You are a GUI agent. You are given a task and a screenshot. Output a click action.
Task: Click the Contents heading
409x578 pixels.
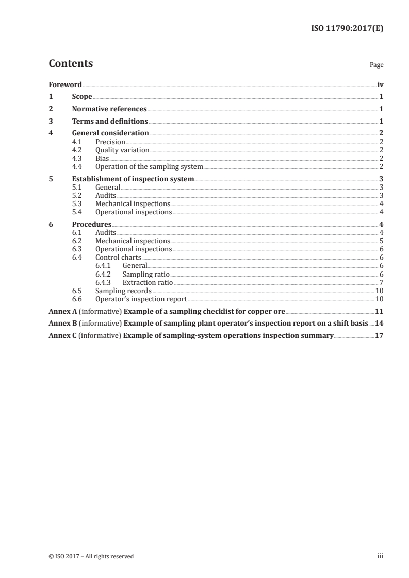tap(71, 64)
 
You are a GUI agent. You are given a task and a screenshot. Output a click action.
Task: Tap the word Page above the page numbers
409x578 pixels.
tap(376, 65)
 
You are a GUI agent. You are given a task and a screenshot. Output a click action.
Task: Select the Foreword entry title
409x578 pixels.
tap(65, 84)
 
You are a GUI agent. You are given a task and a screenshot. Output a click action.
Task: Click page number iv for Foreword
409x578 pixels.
tap(380, 84)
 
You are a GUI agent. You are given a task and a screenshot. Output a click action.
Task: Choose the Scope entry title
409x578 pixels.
tap(82, 97)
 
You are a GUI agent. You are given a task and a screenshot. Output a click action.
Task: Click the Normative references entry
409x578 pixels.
tap(109, 109)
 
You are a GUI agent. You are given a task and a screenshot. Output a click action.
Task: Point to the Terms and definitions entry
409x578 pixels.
tap(110, 122)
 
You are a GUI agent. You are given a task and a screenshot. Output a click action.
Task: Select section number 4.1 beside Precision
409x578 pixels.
tap(77, 142)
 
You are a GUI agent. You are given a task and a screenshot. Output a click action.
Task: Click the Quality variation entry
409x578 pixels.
tap(122, 150)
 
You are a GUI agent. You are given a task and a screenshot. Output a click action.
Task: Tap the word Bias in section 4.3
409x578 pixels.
tap(102, 159)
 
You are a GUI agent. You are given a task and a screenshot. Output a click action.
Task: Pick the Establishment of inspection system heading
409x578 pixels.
tap(133, 179)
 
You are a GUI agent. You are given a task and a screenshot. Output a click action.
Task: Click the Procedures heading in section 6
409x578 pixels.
tap(92, 225)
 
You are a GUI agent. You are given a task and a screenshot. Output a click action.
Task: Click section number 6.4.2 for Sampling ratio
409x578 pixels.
tap(104, 274)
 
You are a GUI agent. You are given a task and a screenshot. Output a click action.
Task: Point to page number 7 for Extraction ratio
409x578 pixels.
tap(381, 282)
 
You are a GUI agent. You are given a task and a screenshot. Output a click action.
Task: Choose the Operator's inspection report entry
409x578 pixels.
tap(141, 299)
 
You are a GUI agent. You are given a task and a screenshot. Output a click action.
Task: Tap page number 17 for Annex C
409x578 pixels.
tap(379, 336)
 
